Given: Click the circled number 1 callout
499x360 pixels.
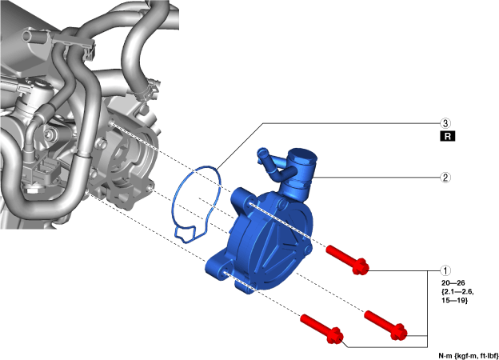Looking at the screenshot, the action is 445,270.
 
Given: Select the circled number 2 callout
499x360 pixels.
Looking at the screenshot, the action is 445,178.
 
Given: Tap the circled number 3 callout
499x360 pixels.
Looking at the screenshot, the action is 445,123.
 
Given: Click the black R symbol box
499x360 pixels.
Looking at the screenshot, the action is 448,136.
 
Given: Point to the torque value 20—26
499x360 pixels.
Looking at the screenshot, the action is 453,283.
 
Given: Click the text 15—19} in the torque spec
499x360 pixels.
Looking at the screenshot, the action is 454,300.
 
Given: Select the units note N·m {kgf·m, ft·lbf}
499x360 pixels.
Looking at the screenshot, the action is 468,355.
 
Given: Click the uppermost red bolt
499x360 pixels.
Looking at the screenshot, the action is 347,260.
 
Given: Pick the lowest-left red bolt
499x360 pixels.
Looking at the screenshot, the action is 321,329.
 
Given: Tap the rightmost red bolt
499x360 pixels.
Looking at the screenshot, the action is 385,325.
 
